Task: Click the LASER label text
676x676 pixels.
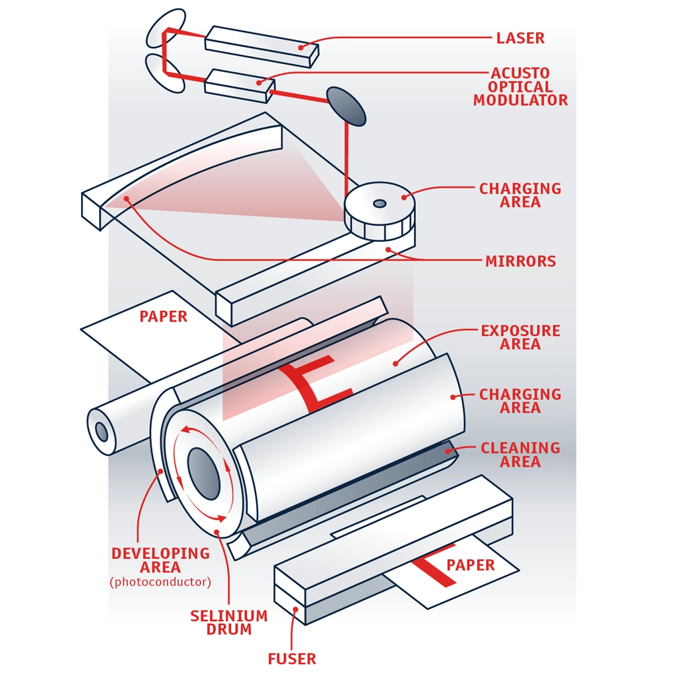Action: (520, 38)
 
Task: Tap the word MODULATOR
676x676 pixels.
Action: (520, 100)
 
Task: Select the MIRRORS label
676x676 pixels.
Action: (520, 261)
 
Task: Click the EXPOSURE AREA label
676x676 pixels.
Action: (520, 337)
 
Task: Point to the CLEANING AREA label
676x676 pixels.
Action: (520, 455)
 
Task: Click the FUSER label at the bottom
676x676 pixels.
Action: (292, 658)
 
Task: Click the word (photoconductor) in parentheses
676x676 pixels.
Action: (160, 582)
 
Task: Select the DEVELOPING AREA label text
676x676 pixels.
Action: (160, 560)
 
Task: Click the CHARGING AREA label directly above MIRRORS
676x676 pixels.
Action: (520, 195)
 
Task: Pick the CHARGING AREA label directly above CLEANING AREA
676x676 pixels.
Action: (520, 401)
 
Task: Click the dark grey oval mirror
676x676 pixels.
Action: (346, 106)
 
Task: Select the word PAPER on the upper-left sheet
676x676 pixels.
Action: (163, 317)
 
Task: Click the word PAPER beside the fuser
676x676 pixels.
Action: (470, 565)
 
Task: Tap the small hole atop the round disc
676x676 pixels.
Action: (380, 203)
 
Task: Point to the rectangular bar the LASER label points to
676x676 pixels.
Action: (261, 46)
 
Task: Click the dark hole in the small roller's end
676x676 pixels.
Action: (102, 432)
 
